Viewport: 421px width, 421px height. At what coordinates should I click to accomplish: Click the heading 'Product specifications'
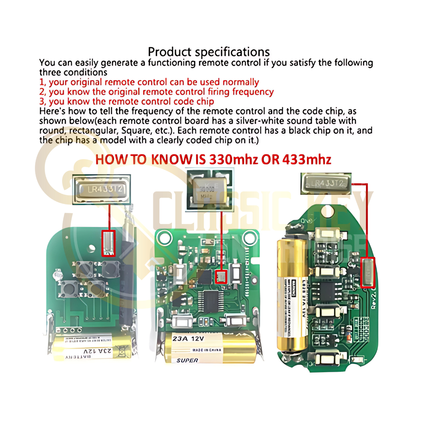(x=208, y=52)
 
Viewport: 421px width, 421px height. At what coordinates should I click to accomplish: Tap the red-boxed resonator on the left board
(x=109, y=243)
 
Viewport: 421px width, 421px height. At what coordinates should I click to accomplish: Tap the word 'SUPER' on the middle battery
(x=187, y=360)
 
